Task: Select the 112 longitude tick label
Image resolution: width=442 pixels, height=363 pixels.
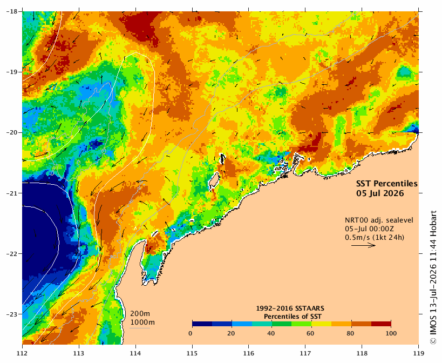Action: (22, 353)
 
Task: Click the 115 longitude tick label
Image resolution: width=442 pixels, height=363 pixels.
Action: (192, 353)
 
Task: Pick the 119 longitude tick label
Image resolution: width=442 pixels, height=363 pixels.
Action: (419, 353)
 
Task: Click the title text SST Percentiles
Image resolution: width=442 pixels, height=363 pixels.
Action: (387, 184)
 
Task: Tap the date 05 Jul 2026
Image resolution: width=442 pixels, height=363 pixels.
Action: (380, 193)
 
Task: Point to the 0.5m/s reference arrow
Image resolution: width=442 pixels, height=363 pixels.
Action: (363, 245)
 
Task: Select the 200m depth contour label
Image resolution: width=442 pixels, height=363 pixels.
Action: (140, 314)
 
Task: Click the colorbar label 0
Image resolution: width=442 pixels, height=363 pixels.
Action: (191, 333)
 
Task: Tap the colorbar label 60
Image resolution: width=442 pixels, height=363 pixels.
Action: (310, 333)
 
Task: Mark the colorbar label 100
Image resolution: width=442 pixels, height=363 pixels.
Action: (391, 333)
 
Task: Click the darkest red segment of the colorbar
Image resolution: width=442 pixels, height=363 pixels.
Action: (381, 324)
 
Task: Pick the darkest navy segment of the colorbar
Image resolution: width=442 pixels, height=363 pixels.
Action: (202, 324)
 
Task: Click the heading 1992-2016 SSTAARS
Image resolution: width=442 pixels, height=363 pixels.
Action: (290, 308)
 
